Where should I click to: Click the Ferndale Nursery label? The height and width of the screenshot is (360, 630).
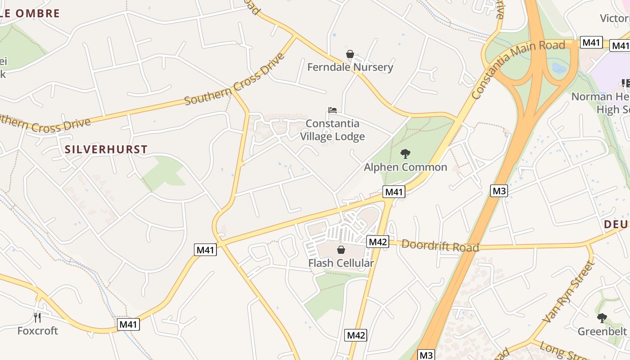pos(350,67)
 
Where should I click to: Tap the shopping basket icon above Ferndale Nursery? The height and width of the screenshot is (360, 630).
pos(350,54)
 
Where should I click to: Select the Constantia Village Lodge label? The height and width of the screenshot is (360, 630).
pos(333,130)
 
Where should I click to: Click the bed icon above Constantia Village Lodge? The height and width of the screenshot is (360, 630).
pos(333,110)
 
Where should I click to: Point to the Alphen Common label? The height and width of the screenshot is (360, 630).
pos(405,167)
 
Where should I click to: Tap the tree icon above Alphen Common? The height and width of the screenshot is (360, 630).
pos(405,154)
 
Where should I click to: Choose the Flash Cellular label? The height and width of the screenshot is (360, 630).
pos(341,263)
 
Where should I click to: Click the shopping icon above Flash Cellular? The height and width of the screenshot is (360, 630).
pos(341,250)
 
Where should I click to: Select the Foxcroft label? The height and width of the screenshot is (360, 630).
pos(38,331)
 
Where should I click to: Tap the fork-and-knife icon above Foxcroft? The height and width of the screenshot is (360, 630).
pos(38,318)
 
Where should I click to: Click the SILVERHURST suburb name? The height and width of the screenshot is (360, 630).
pos(106,150)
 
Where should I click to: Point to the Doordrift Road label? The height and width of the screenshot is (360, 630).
pos(440,246)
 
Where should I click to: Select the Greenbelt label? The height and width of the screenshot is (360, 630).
pos(602,332)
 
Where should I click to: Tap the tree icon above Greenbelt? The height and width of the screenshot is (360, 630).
pos(602,318)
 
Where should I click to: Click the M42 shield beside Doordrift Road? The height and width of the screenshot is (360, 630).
pos(378,242)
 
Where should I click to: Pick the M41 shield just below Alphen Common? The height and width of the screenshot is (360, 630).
pos(394,192)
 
